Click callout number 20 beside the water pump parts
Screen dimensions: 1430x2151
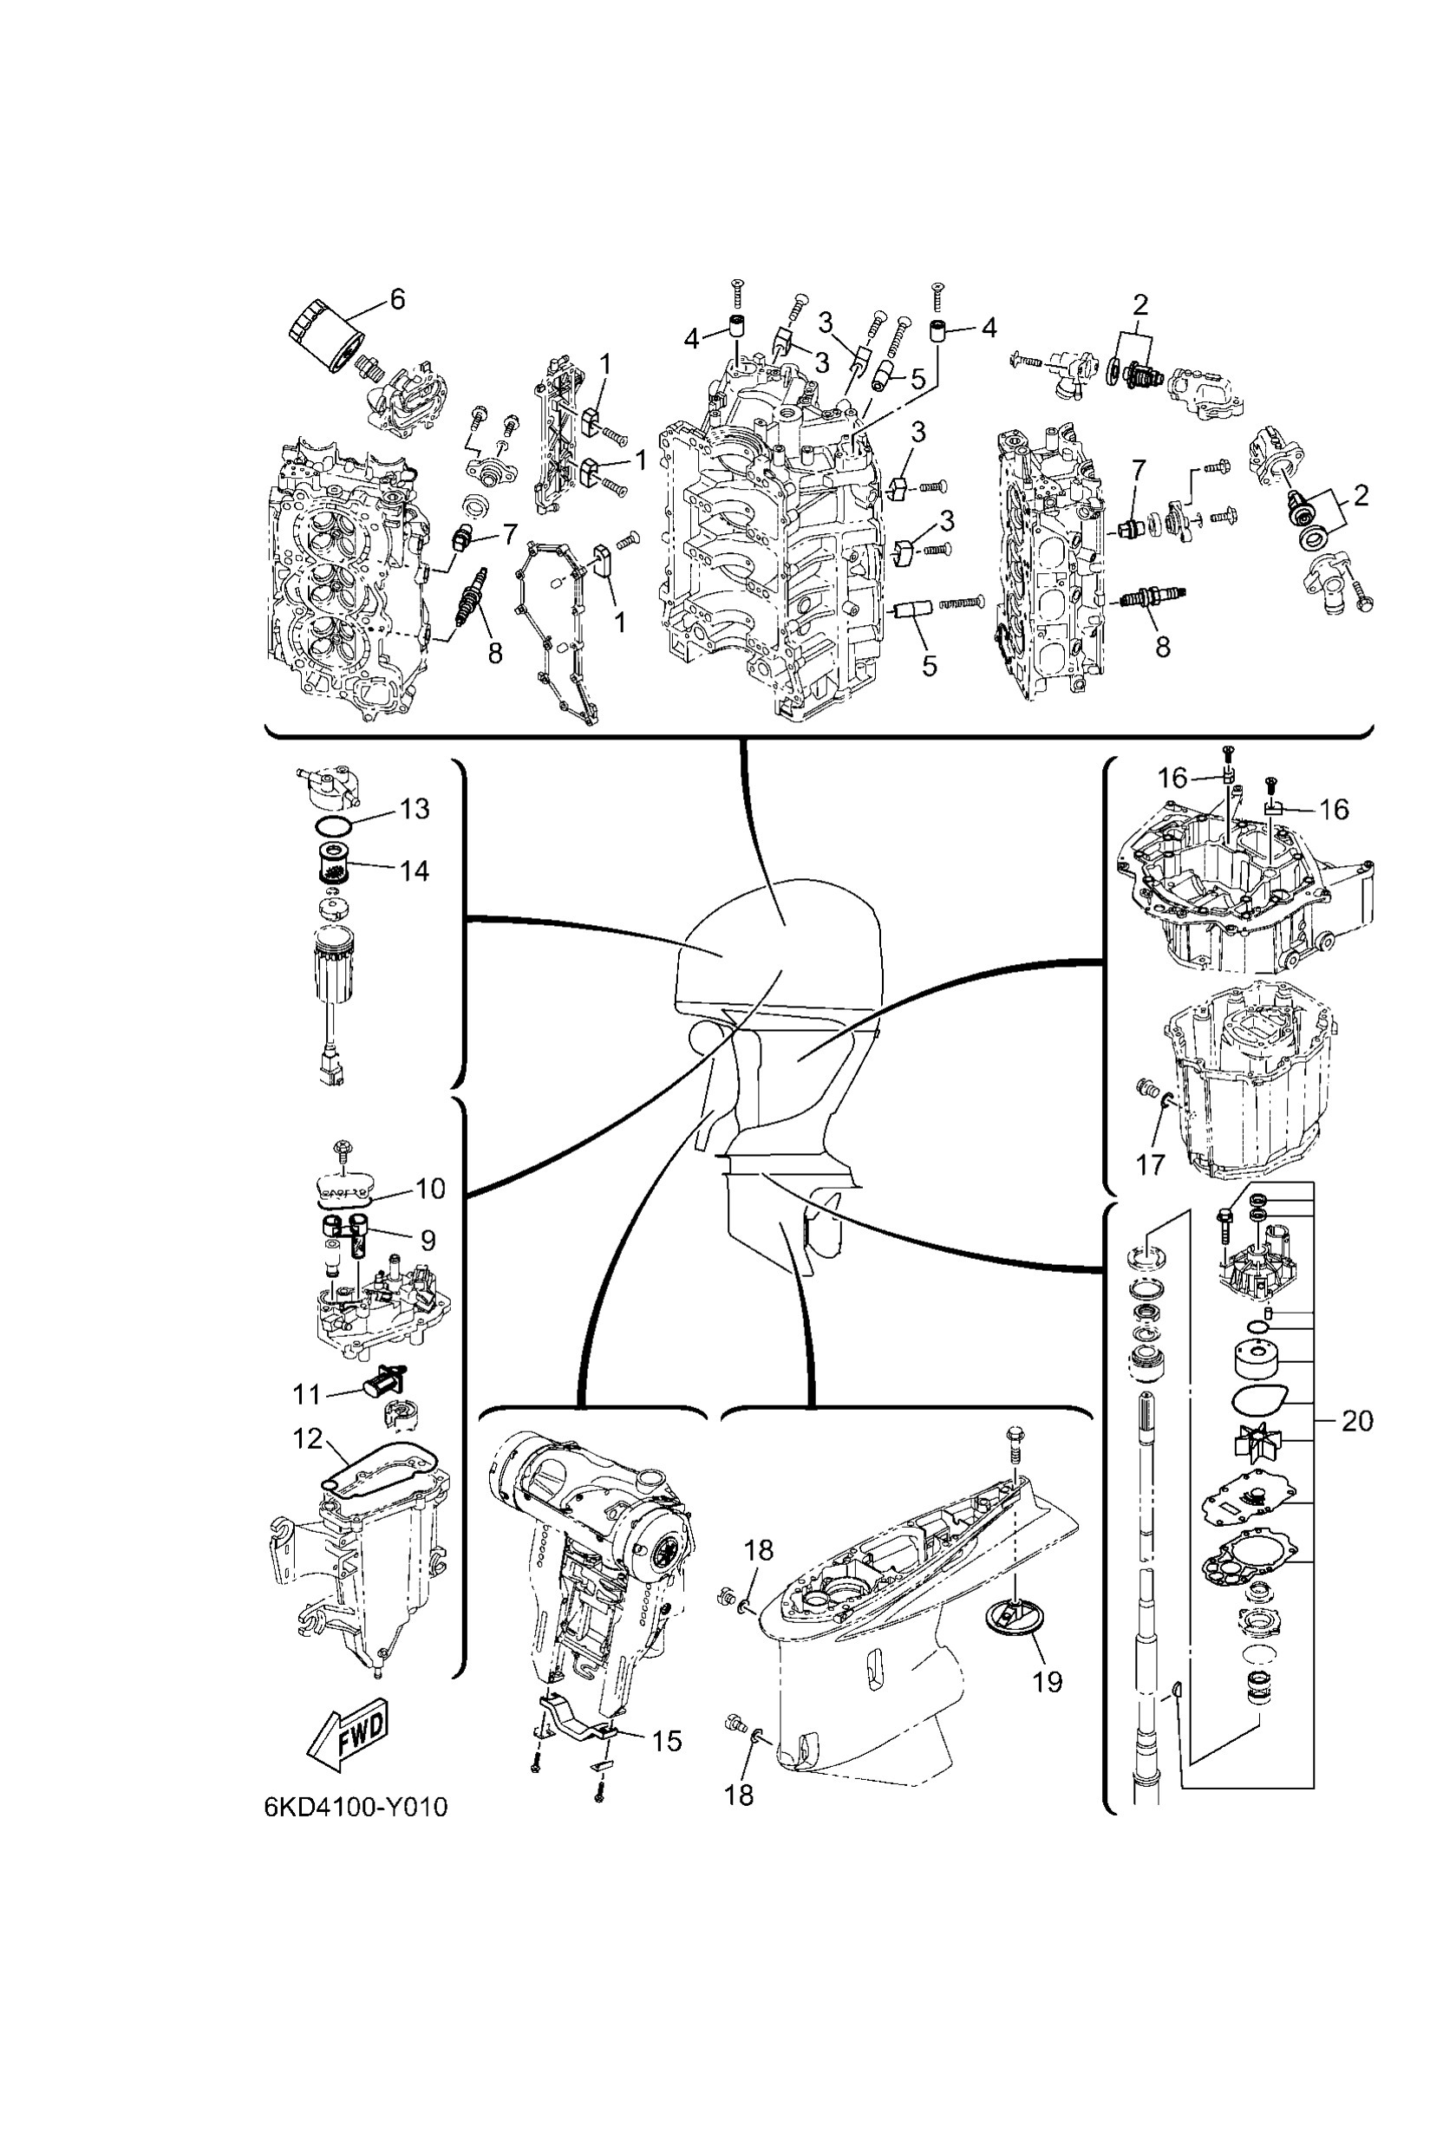[1357, 1422]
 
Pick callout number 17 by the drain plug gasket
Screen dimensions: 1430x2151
[1151, 1164]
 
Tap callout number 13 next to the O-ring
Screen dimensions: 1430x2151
[415, 809]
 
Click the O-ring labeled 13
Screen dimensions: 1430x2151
[333, 826]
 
